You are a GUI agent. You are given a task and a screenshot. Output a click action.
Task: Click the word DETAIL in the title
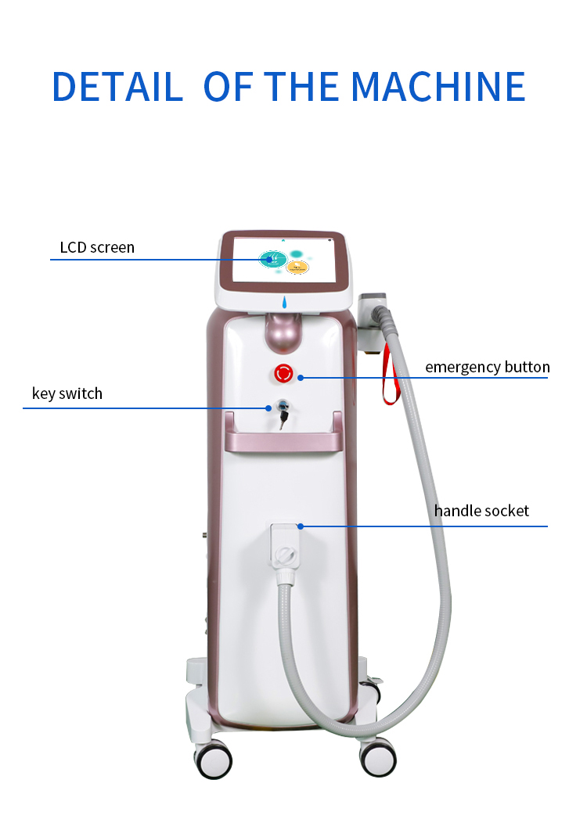117,87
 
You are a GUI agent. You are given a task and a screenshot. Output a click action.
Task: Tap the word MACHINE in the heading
438,87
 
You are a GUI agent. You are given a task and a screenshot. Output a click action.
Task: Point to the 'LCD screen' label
97,248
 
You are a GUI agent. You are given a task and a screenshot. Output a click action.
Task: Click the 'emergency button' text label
487,367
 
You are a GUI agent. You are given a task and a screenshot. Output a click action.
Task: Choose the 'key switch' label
67,393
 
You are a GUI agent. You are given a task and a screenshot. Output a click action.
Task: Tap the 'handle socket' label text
481,511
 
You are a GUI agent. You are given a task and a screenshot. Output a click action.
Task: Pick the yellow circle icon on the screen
297,268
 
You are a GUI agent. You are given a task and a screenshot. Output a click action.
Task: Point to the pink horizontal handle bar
283,441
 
